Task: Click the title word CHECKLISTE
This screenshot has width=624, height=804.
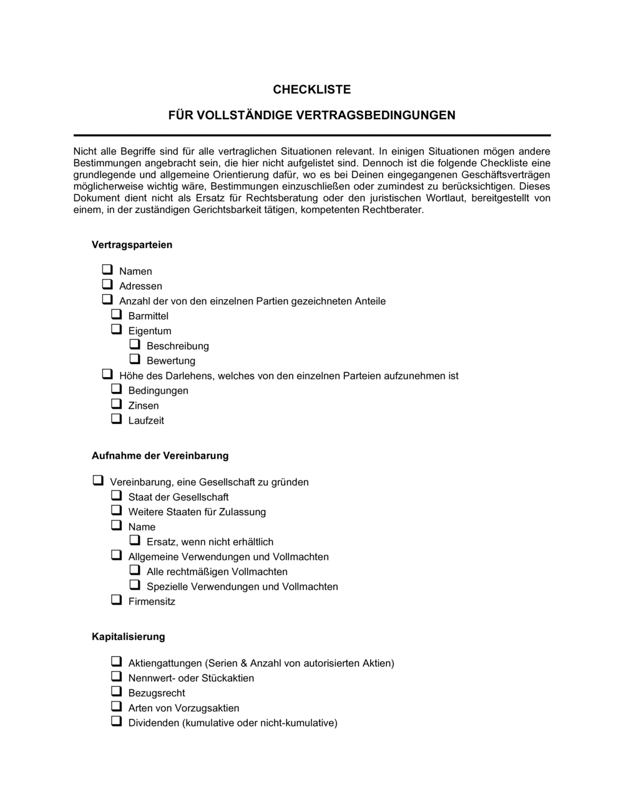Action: click(312, 90)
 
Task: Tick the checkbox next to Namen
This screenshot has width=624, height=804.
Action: click(107, 270)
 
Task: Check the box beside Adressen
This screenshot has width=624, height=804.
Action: click(107, 285)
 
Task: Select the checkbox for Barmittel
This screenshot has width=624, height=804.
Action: click(116, 315)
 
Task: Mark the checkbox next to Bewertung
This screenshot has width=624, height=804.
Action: click(135, 359)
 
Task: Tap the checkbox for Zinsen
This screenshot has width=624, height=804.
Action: click(116, 404)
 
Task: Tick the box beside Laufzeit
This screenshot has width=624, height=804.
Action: click(116, 419)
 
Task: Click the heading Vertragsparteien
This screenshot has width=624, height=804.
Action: click(132, 245)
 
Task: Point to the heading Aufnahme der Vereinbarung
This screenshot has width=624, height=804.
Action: click(160, 456)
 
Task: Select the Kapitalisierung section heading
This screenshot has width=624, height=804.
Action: click(128, 637)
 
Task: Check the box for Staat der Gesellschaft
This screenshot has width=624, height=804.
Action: click(116, 495)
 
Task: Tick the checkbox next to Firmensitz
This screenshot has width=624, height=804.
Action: click(116, 600)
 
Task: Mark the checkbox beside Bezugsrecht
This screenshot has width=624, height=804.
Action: click(116, 692)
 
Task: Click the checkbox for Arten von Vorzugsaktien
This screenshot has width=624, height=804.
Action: click(116, 707)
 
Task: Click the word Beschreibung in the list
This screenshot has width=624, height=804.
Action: click(178, 346)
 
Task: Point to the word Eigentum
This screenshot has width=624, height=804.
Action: click(150, 331)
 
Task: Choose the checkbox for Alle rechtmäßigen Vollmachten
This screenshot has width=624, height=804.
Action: click(135, 570)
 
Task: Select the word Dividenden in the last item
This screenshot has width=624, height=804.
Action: click(154, 723)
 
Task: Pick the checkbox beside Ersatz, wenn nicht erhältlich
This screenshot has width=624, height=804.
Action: click(135, 540)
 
